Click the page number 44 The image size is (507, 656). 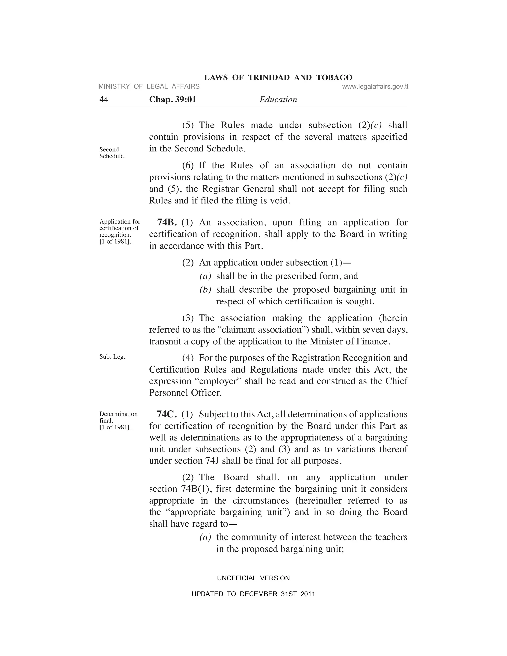pyautogui.click(x=104, y=100)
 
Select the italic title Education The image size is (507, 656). pyautogui.click(x=278, y=100)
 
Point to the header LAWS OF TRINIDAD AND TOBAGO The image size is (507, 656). pyautogui.click(x=278, y=77)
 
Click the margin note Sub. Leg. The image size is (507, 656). pyautogui.click(x=112, y=357)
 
